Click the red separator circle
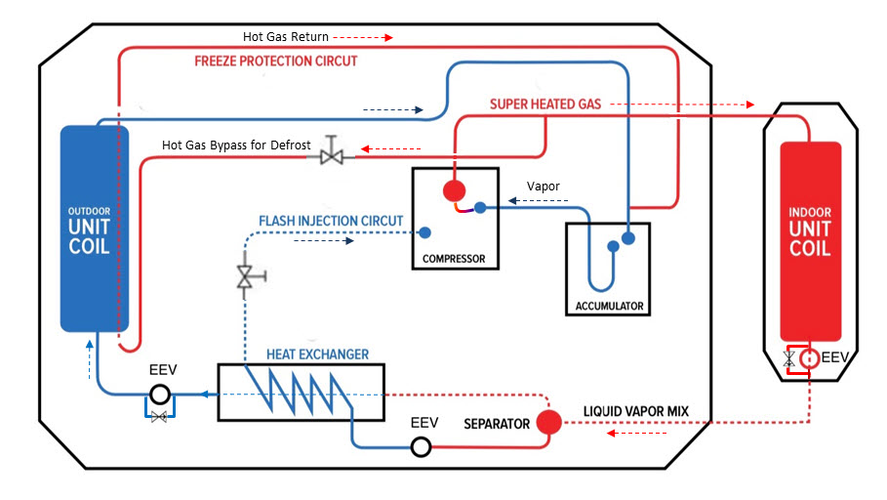coord(548,422)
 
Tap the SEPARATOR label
coord(497,424)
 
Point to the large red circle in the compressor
coord(453,189)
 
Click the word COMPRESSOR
coord(454,259)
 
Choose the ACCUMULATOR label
coord(609,306)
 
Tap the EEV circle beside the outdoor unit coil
coord(160,395)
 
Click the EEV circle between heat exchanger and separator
coord(421,446)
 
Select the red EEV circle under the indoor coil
coord(809,358)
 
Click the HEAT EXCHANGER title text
coord(318,354)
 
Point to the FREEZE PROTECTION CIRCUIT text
coord(276,61)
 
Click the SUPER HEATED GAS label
coord(545,104)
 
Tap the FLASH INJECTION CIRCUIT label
coord(331,221)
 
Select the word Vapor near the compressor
coord(544,185)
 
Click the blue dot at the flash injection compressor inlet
coord(424,233)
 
